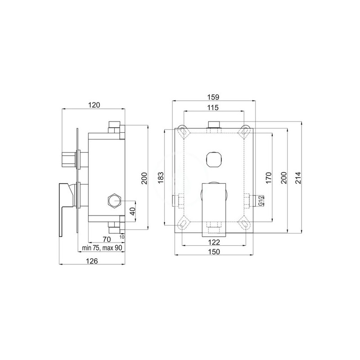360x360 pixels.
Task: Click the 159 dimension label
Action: pyautogui.click(x=213, y=97)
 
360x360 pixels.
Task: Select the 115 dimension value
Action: pyautogui.click(x=213, y=108)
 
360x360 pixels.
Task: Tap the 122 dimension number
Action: pyautogui.click(x=214, y=242)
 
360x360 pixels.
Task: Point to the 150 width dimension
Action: pyautogui.click(x=214, y=252)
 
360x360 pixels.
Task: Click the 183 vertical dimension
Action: pyautogui.click(x=161, y=177)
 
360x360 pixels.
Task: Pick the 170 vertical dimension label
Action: pyautogui.click(x=268, y=177)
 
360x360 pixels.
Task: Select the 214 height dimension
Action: pyautogui.click(x=297, y=177)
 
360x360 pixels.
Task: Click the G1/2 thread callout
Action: pyautogui.click(x=261, y=201)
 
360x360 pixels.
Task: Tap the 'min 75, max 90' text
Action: pyautogui.click(x=102, y=248)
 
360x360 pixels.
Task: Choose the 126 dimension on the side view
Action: pyautogui.click(x=92, y=261)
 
